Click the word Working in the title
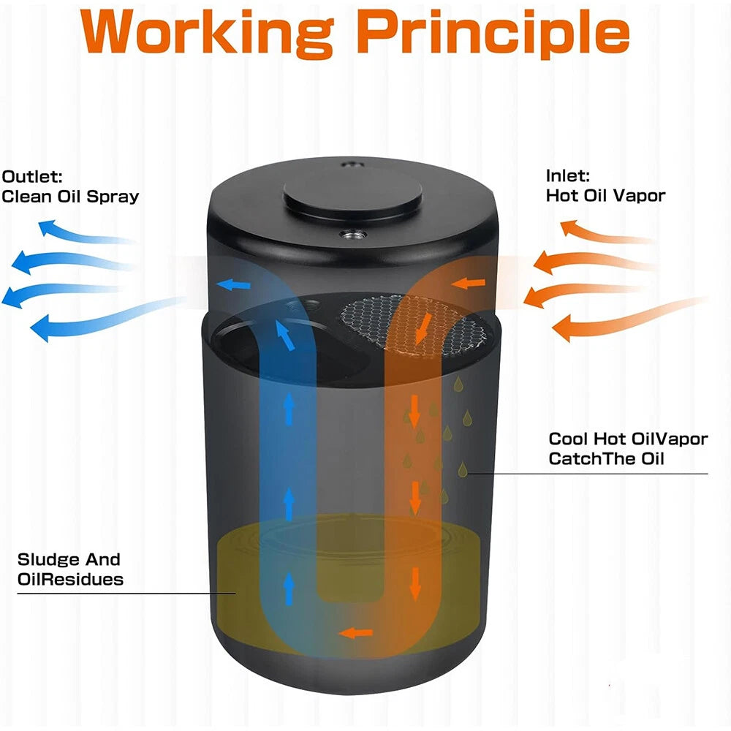(x=207, y=34)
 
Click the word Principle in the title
(x=495, y=34)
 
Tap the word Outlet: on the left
(x=31, y=177)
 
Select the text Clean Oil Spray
(x=70, y=197)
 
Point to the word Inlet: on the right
(x=568, y=175)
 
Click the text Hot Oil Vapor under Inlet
(x=605, y=195)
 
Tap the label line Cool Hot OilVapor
(x=628, y=439)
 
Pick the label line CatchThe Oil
(x=606, y=459)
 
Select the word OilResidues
(x=70, y=580)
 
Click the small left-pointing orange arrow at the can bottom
(x=356, y=633)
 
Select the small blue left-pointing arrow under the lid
(x=234, y=284)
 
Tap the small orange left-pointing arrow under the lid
(x=468, y=283)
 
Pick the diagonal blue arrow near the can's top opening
(x=285, y=334)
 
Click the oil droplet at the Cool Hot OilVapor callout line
(x=463, y=469)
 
